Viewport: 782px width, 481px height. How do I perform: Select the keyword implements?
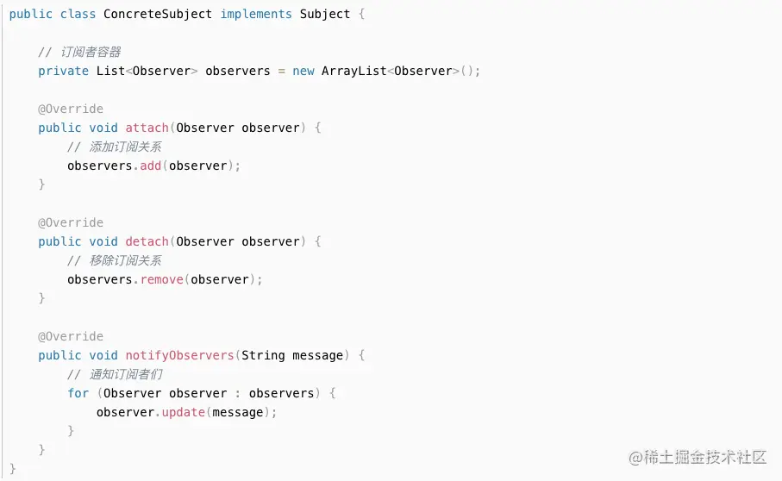pyautogui.click(x=256, y=15)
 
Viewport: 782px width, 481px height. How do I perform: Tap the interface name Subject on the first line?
pyautogui.click(x=325, y=15)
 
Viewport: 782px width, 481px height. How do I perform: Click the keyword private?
pyautogui.click(x=63, y=71)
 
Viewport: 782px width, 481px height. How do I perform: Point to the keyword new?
pyautogui.click(x=303, y=71)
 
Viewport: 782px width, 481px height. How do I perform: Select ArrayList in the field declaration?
pyautogui.click(x=354, y=71)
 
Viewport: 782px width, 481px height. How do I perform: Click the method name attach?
pyautogui.click(x=147, y=128)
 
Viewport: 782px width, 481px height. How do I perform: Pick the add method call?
pyautogui.click(x=151, y=166)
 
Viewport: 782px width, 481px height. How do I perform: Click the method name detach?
pyautogui.click(x=147, y=241)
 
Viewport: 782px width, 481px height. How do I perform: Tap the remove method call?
pyautogui.click(x=162, y=279)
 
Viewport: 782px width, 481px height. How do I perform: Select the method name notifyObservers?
pyautogui.click(x=180, y=355)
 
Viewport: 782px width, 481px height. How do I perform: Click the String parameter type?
pyautogui.click(x=263, y=355)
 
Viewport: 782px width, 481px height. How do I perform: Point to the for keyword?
pyautogui.click(x=78, y=393)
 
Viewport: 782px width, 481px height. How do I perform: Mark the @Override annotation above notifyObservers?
pyautogui.click(x=71, y=336)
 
